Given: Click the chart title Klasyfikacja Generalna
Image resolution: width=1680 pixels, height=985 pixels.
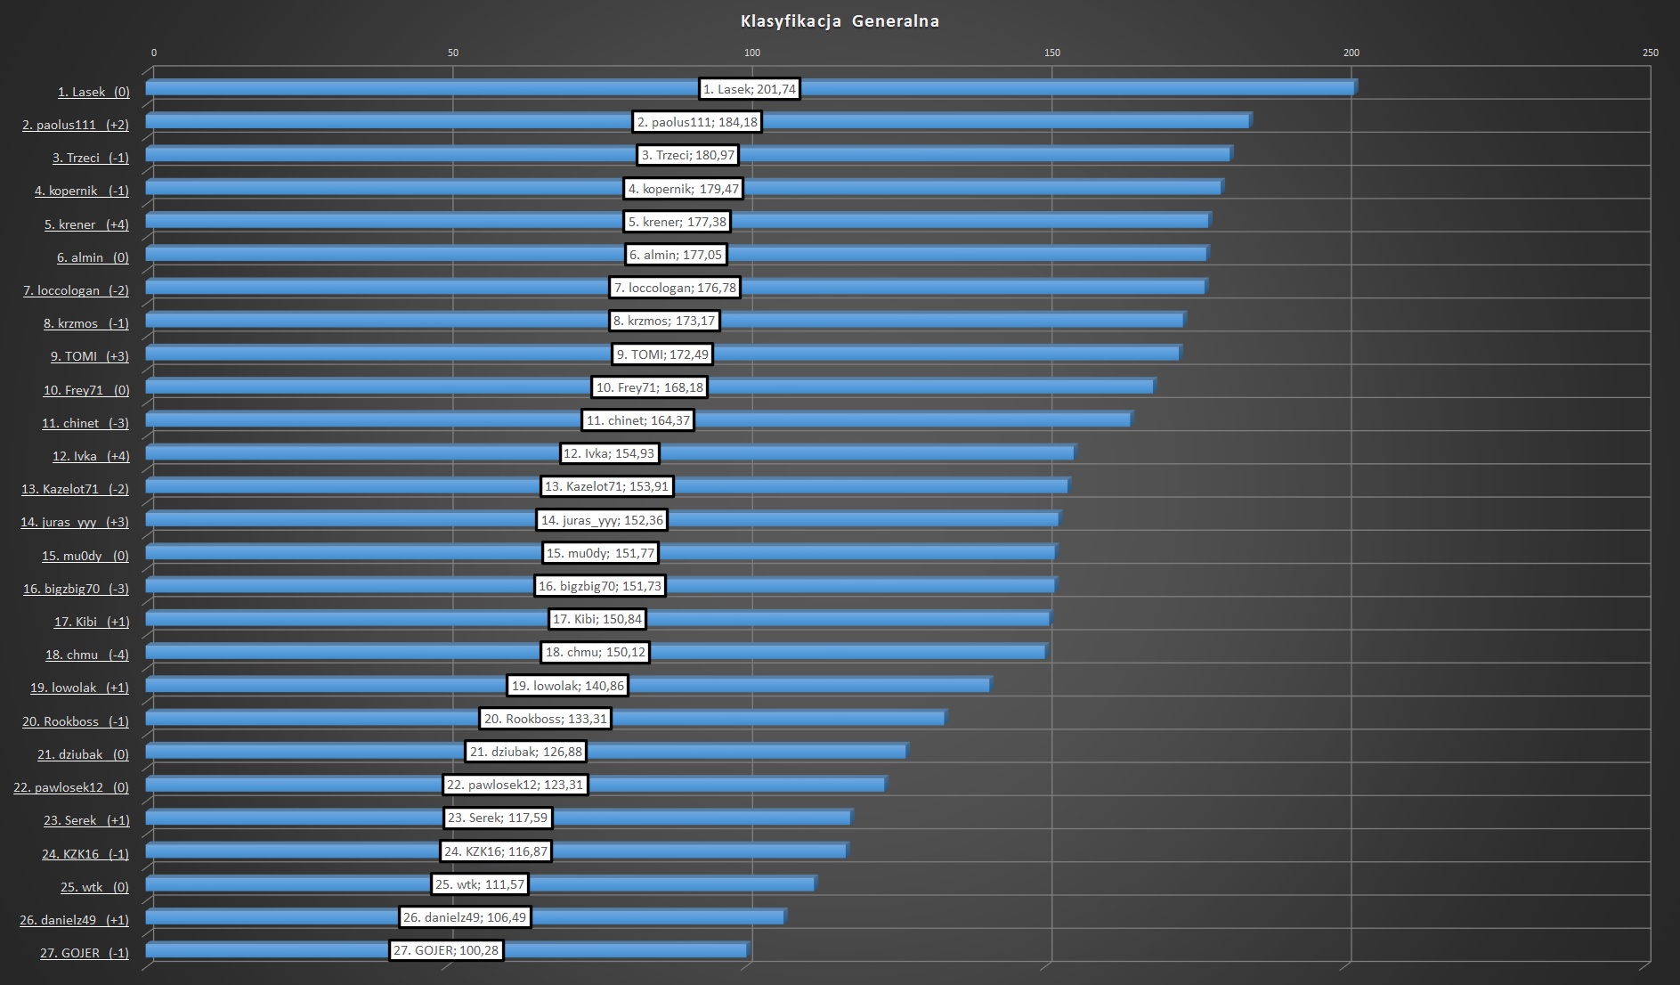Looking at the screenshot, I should coord(840,21).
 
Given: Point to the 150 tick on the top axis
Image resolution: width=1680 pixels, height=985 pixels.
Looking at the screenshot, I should coord(1051,53).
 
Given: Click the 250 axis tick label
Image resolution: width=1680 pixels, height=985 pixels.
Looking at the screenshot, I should coord(1650,53).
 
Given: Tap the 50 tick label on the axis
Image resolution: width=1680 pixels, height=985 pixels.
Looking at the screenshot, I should coord(453,53).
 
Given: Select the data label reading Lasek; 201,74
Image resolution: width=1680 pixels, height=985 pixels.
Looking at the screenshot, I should coord(750,89).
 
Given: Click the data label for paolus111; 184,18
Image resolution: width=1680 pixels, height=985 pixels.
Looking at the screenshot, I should coord(697,122).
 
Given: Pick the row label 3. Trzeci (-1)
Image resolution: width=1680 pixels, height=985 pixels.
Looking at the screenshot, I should coord(90,158).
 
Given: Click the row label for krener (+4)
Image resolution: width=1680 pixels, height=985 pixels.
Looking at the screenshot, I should coord(86,224).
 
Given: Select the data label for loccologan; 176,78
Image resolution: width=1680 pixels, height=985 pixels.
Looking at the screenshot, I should coord(675,288).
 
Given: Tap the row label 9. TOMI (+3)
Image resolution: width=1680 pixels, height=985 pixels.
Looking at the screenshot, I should coord(89,356).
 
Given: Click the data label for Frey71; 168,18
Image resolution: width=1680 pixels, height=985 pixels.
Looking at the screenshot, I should coord(649,387).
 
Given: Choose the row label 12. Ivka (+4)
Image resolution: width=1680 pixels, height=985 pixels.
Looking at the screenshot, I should coord(91,456).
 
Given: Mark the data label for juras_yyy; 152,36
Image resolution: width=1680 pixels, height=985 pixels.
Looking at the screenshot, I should coord(602,520).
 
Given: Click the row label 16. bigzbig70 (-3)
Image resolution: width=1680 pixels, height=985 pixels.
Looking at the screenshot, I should coord(76,589).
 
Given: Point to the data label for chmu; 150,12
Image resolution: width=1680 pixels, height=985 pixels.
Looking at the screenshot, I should coord(595,652).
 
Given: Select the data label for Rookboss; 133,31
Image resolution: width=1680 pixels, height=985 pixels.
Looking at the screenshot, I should coord(545,719).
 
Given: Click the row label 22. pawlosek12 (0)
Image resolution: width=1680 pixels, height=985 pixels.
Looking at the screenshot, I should coord(71,787).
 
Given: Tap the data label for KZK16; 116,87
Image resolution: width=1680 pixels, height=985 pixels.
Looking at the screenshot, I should coord(496,851).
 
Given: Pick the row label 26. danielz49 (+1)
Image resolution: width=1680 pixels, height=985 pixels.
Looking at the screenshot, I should coord(74,920).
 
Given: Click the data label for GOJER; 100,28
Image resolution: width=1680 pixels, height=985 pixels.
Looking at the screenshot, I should coord(446,950).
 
